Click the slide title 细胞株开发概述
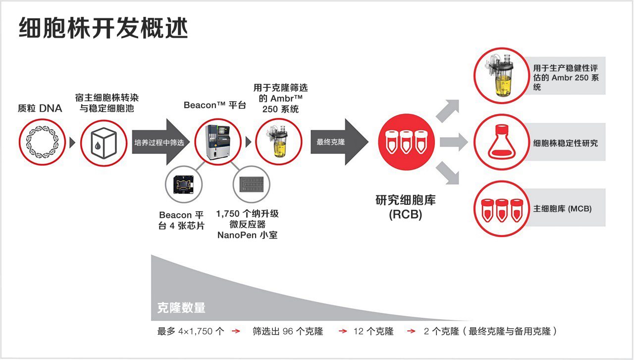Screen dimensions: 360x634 click(104, 28)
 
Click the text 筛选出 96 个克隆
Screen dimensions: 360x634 click(288, 331)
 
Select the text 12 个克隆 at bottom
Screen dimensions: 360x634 click(373, 331)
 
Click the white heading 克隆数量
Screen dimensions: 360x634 click(181, 308)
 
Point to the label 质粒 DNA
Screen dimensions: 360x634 click(40, 108)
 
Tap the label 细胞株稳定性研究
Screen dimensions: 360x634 click(565, 143)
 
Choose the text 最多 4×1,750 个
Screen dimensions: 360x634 click(191, 331)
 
